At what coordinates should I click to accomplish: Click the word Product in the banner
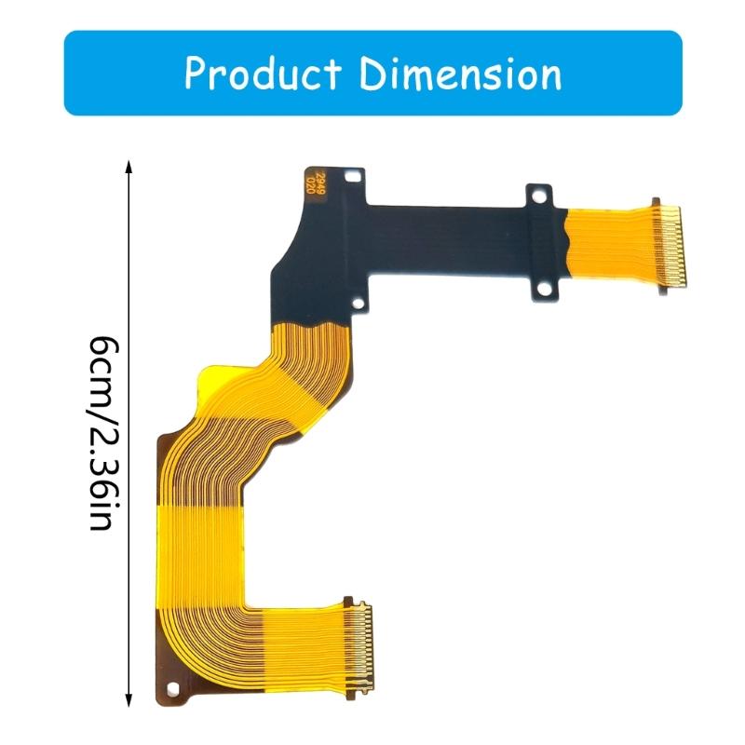[x=264, y=74]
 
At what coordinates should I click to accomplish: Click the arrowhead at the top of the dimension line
[x=129, y=165]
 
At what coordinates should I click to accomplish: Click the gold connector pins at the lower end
[x=359, y=646]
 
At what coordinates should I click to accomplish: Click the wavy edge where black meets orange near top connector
[x=568, y=244]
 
